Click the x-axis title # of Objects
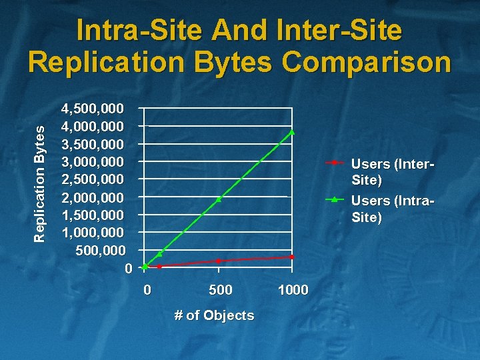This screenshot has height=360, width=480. click(214, 315)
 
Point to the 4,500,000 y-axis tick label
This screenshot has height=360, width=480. click(92, 108)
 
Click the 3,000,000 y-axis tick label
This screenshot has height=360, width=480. click(92, 161)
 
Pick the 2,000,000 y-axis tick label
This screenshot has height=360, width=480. click(92, 197)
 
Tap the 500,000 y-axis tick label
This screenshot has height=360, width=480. click(100, 251)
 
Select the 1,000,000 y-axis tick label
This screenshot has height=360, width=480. click(92, 233)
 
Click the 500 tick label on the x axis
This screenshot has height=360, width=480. click(221, 289)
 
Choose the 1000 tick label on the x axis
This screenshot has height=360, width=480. click(293, 289)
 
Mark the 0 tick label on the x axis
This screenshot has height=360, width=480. click(147, 289)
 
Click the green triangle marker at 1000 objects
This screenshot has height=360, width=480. click(292, 132)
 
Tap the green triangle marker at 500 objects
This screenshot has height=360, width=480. click(219, 199)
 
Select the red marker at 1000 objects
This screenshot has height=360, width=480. click(292, 257)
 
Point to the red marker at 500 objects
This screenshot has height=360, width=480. click(219, 261)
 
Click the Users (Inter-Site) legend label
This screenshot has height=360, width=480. click(392, 171)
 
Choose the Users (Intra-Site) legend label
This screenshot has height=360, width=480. click(392, 209)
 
